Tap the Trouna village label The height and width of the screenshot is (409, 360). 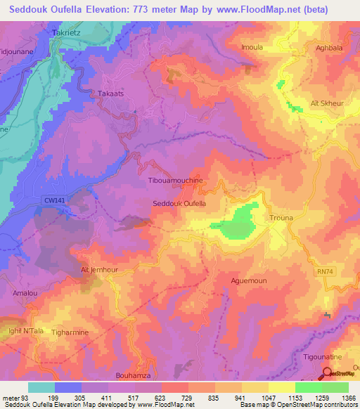point(282,219)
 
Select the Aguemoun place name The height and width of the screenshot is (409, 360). point(249,280)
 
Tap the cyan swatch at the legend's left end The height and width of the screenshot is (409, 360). point(41,387)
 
